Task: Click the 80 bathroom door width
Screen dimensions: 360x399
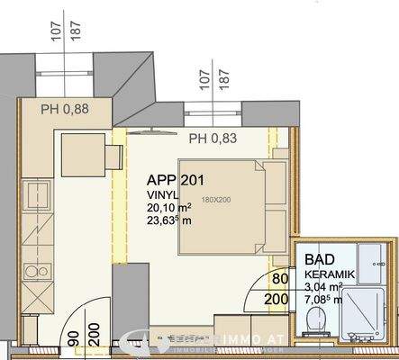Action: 280,281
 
